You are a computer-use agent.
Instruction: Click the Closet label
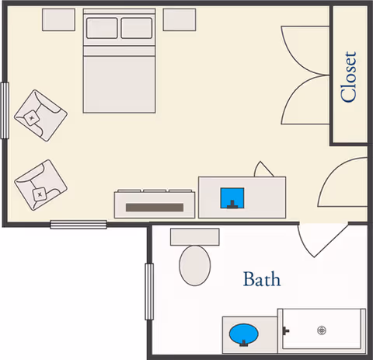tap(349, 77)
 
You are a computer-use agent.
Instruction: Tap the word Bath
tap(262, 279)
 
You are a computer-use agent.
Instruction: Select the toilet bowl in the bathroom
tap(195, 265)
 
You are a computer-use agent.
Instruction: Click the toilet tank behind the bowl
tap(195, 236)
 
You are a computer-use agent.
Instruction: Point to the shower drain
tap(322, 330)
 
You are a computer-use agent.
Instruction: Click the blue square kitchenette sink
tap(232, 198)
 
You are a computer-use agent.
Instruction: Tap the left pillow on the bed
tap(102, 28)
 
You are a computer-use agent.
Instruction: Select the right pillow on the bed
tap(137, 28)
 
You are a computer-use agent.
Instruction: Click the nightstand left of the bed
tap(59, 20)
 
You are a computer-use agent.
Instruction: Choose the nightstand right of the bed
tap(180, 20)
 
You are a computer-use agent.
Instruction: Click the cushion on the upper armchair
tap(32, 118)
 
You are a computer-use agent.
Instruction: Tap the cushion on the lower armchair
tap(40, 194)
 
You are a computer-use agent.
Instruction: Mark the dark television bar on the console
tap(155, 208)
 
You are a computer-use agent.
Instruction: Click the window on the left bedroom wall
tap(5, 110)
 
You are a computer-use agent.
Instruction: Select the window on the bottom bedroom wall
tap(78, 225)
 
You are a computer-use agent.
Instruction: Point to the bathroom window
tap(149, 292)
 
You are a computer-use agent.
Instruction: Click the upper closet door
tap(305, 51)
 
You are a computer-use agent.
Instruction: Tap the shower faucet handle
tap(286, 330)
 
